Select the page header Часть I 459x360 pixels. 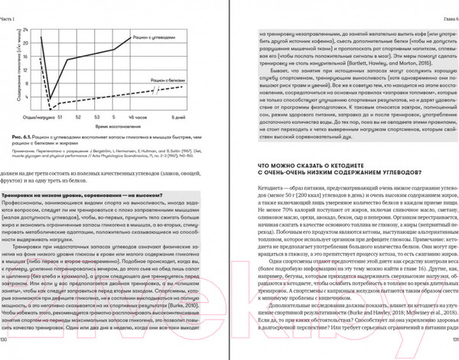(x=13, y=7)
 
